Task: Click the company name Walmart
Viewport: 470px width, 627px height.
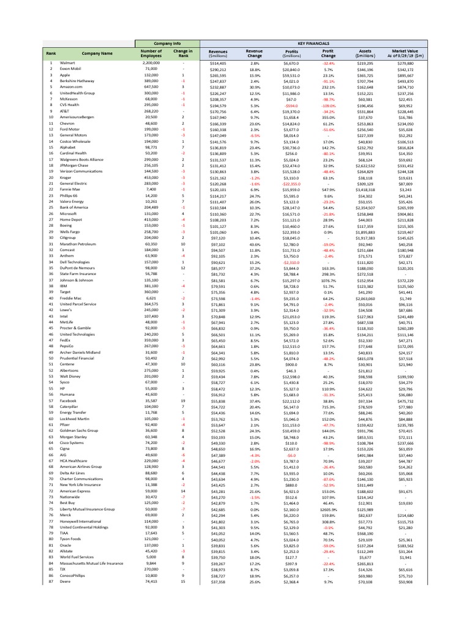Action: (67, 63)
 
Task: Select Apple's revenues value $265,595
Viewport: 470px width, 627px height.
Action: (217, 75)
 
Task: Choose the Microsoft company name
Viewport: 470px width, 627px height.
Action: (69, 213)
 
